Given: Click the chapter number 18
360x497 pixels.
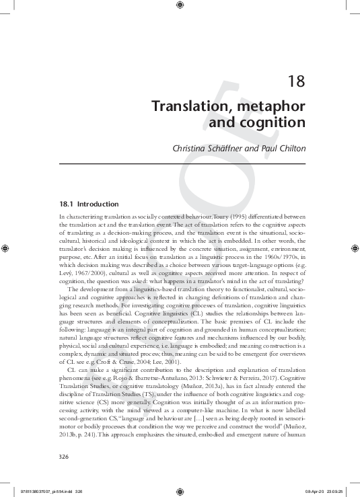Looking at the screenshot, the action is (296, 81).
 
